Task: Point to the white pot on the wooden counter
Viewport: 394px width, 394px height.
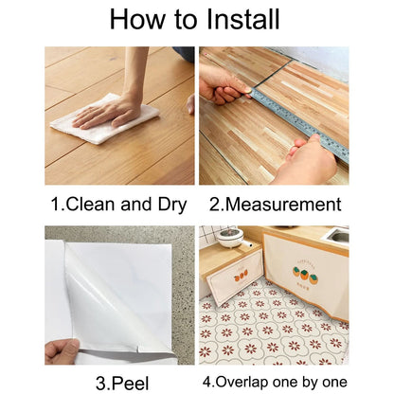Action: [x=230, y=237]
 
